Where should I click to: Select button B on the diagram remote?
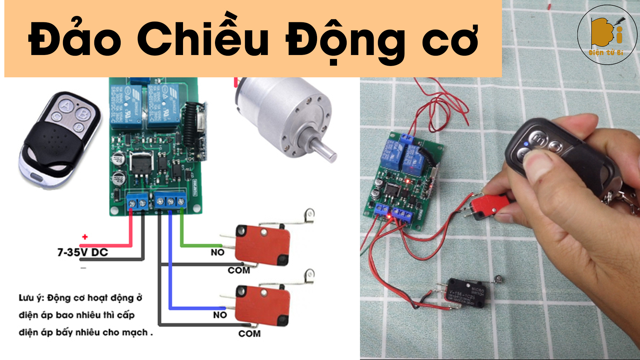click(82, 114)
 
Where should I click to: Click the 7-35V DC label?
click(83, 252)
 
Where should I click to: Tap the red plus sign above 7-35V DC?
click(85, 237)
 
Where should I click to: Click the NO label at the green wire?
click(217, 252)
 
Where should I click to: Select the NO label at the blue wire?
click(220, 315)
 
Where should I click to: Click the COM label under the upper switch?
click(239, 270)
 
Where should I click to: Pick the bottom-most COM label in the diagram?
click(249, 334)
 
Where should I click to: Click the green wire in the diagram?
click(182, 233)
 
